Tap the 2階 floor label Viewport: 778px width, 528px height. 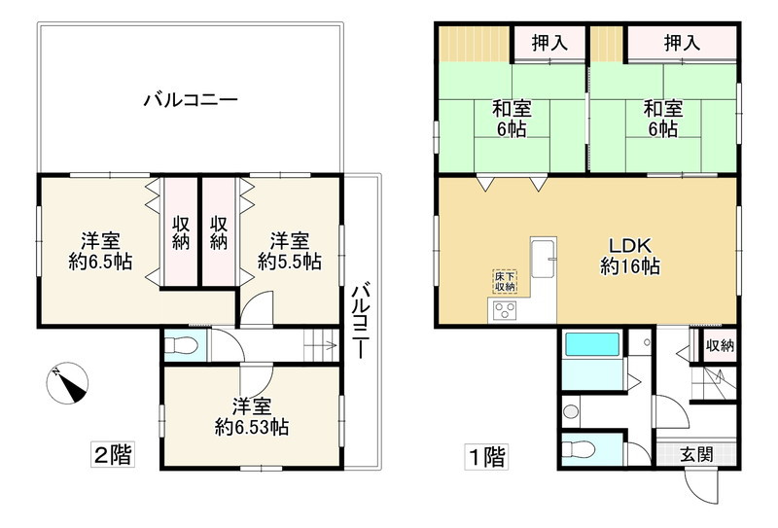pos(112,453)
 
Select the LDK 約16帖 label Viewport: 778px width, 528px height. pos(629,255)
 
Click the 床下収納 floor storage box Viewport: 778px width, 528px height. pos(504,280)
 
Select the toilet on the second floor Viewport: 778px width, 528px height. pos(183,345)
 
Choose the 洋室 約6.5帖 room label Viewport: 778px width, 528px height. pos(100,250)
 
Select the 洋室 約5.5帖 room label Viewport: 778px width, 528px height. pos(289,250)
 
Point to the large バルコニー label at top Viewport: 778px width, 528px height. pos(191,99)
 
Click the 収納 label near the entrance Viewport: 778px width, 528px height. pos(720,345)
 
